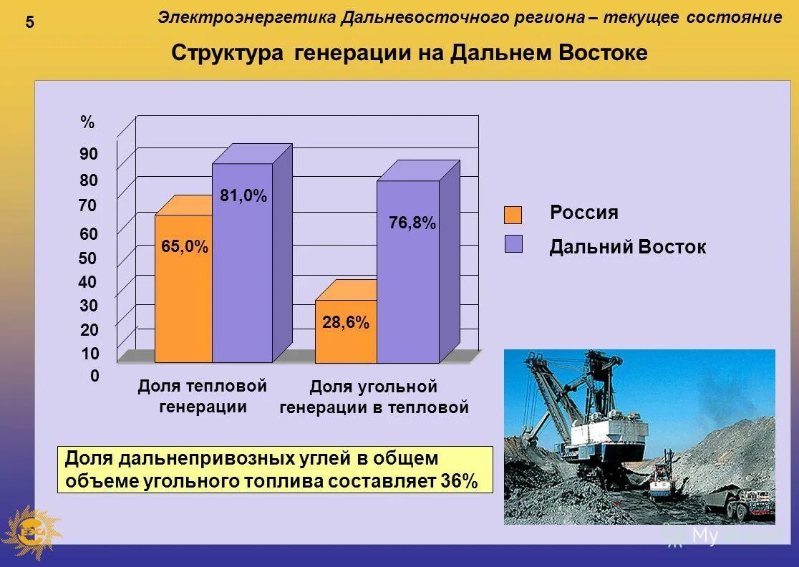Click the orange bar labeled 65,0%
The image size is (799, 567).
[183, 301]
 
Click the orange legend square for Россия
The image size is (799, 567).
[513, 215]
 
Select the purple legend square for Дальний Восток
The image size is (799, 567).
[513, 244]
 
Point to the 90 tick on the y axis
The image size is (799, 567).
[89, 154]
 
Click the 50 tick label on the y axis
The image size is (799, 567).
[88, 258]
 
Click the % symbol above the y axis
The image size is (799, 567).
[87, 123]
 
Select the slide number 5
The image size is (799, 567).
[29, 22]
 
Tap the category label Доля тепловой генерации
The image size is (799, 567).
[202, 397]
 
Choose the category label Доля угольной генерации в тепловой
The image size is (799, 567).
[373, 397]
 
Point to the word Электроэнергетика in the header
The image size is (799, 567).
[246, 17]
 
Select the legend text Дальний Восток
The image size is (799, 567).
[627, 248]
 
